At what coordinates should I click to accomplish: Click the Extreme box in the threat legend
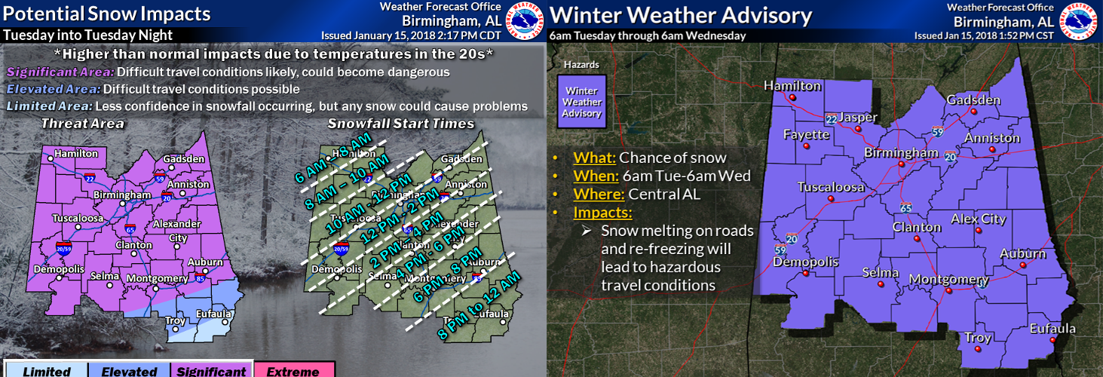[292, 370]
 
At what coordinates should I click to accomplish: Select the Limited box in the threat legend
[46, 370]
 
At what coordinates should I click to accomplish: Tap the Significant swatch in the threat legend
[210, 370]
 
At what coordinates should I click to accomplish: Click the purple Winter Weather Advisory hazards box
[583, 101]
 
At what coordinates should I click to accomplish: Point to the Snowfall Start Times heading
[400, 123]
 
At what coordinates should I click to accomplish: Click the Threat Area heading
[82, 123]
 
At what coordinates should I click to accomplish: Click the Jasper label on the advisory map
[857, 117]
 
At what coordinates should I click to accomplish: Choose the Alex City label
[978, 219]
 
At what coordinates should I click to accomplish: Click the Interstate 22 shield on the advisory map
[830, 119]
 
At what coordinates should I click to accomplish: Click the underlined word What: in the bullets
[594, 158]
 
